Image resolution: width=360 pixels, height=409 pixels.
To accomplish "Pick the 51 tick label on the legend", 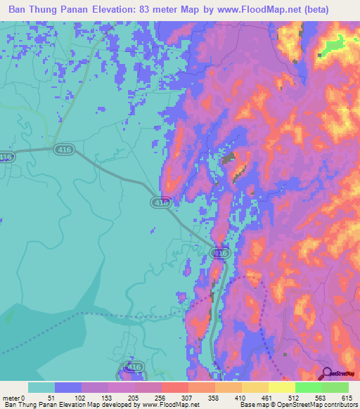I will pos(54,397).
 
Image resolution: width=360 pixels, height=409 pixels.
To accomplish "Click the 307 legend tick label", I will pos(188,397).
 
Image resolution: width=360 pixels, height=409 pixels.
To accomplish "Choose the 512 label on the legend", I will pos(295,397).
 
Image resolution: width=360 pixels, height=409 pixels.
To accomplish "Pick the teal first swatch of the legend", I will pos(41,387).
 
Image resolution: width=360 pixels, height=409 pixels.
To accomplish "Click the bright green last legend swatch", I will pos(335,387).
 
